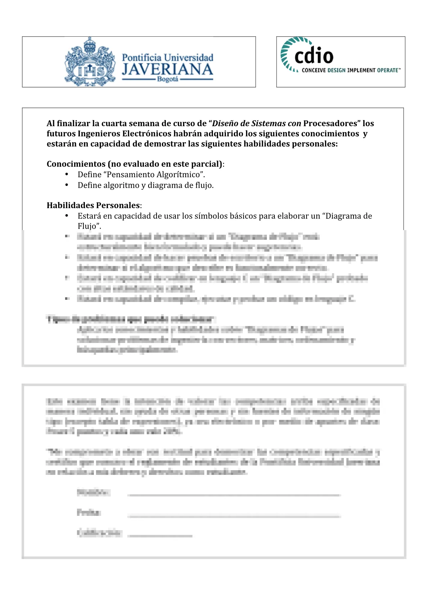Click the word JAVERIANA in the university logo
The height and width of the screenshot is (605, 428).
point(167,69)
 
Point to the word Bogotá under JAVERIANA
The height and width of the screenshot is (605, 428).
point(168,79)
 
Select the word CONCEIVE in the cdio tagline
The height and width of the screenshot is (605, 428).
point(314,70)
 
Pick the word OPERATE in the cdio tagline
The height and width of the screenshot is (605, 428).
point(387,70)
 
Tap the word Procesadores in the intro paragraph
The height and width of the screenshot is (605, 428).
point(330,124)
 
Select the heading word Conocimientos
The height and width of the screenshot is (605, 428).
point(76,164)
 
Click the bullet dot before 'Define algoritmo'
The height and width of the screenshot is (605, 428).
point(67,185)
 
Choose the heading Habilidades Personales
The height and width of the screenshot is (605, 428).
point(93,206)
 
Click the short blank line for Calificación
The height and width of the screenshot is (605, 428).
point(160,535)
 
